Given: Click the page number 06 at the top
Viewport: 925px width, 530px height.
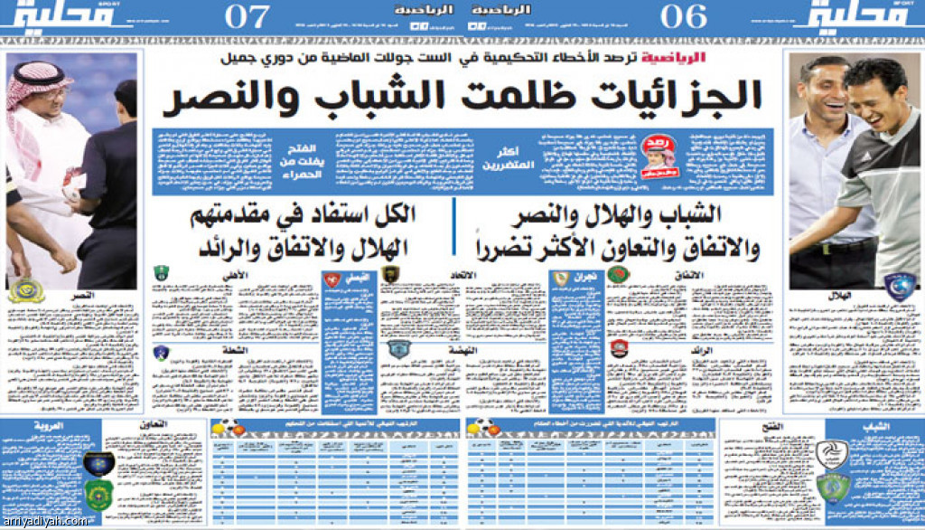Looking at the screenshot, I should coord(683,17).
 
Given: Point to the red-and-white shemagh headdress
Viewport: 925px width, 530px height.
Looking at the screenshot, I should coord(41,86).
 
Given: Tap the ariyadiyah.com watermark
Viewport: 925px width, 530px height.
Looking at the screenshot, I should coord(45,520).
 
